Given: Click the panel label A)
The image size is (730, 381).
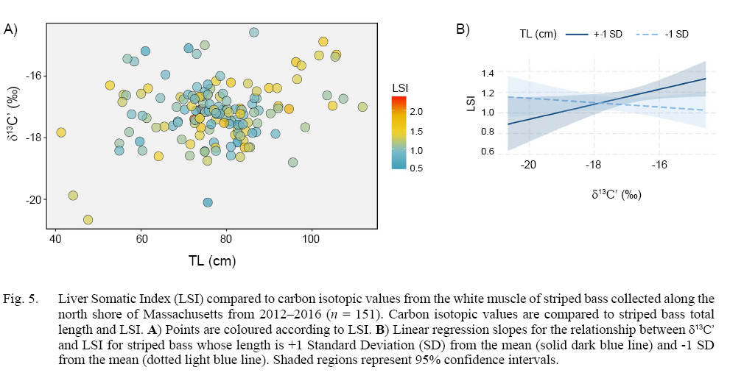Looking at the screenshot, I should pos(11,29).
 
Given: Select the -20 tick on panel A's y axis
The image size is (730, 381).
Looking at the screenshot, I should pos(34,199).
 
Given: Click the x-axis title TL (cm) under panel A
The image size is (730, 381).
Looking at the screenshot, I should pos(211,260).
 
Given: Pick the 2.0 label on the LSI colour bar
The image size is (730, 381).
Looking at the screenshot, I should pos(415,112).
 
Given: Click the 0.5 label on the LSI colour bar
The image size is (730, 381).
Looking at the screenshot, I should pos(415,168).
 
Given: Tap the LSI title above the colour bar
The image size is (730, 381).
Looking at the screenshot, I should pos(400,88).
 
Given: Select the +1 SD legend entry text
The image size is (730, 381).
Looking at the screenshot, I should pos(608,34).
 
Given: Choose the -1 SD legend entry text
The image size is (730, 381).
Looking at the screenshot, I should pos(675,34).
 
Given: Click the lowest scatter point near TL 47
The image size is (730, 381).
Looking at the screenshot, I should pos(88,219).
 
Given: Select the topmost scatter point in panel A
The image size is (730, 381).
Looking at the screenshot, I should pos(254,32).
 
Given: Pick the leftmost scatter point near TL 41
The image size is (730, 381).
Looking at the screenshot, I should pos(61,132).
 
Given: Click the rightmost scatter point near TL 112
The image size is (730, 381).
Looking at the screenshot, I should pos(362,107).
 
